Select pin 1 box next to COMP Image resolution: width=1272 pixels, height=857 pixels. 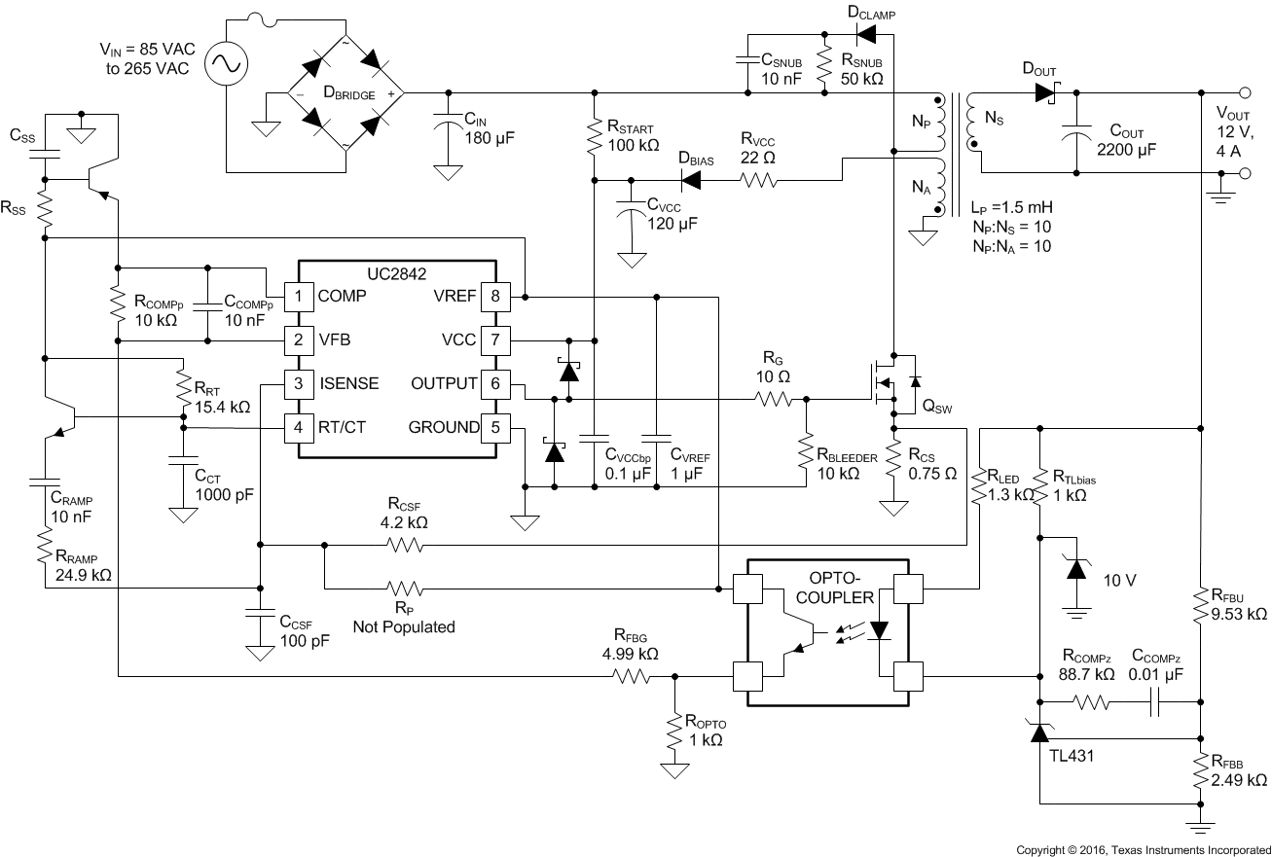(x=298, y=295)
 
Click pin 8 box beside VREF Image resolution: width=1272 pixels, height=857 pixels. (x=495, y=295)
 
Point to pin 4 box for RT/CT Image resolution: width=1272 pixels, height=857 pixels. (x=298, y=426)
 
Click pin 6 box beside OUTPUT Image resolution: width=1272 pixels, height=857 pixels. (x=495, y=383)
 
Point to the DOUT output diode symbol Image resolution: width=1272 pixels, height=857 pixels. (x=1047, y=93)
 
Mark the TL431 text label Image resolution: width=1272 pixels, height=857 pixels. (x=1072, y=753)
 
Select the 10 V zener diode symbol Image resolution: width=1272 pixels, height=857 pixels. (x=1076, y=569)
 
